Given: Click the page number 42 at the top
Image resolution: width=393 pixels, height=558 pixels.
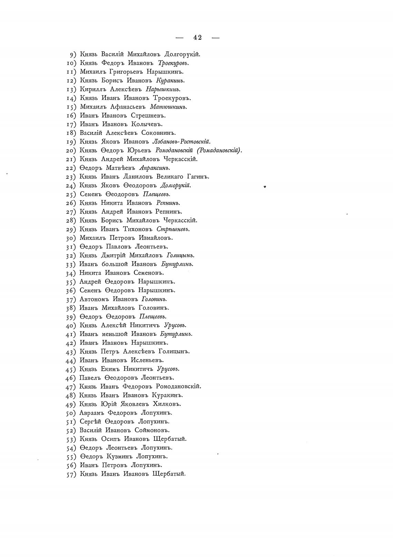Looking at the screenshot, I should [x=198, y=38].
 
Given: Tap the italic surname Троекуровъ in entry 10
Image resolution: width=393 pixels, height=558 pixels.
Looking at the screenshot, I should [x=173, y=63].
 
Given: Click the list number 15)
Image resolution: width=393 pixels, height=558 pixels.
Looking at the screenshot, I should [x=71, y=107].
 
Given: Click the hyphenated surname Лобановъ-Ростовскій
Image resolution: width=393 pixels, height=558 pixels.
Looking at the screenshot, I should [x=181, y=142].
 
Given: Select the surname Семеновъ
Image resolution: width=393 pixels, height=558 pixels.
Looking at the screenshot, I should [x=149, y=273].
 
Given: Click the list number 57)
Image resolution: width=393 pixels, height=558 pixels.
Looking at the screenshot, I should [x=71, y=474].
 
